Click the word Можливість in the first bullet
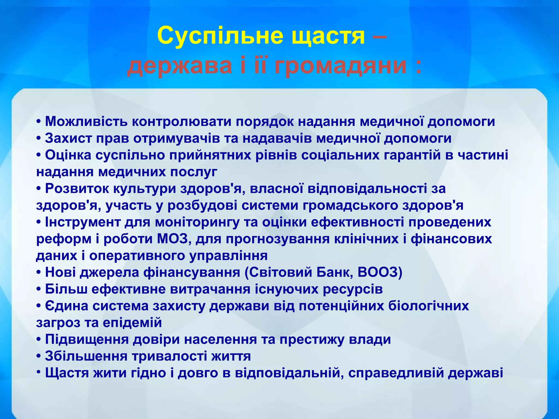pos(86,121)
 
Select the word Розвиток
pos(77,188)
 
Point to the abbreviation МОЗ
pos(173,239)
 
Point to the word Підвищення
pos(87,340)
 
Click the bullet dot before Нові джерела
pos(39,273)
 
